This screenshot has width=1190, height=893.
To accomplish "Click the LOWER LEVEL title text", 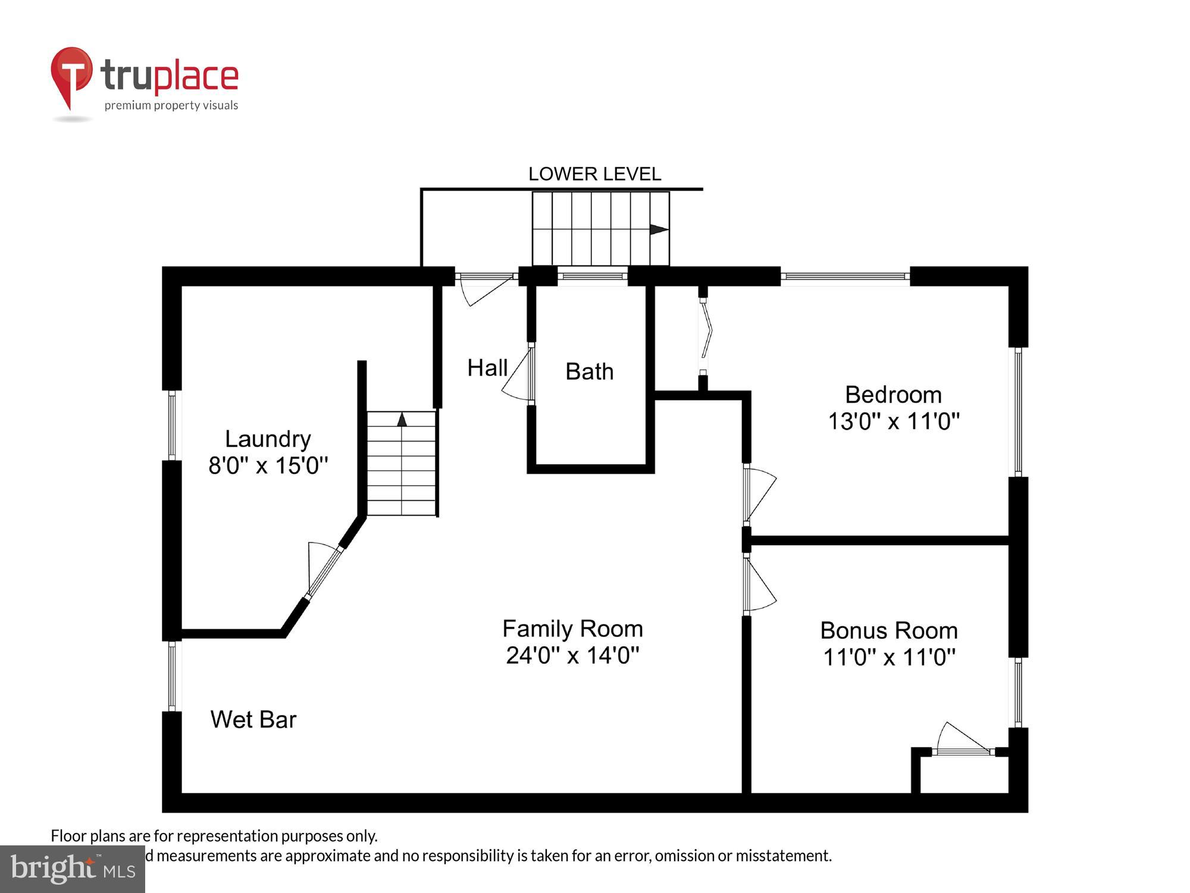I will pyautogui.click(x=594, y=174).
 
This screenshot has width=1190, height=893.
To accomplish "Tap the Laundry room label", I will pyautogui.click(x=268, y=439).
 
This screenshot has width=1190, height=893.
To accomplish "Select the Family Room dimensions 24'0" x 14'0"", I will pyautogui.click(x=572, y=655).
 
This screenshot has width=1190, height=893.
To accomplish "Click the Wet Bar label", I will pyautogui.click(x=253, y=720).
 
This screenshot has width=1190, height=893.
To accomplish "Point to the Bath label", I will pyautogui.click(x=589, y=371).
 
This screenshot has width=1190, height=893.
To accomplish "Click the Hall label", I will pyautogui.click(x=487, y=368).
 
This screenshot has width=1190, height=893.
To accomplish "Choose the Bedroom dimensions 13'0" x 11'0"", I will pyautogui.click(x=894, y=421).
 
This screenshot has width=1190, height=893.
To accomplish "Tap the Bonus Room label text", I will pyautogui.click(x=889, y=630).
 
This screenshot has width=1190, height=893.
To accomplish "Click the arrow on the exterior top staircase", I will pyautogui.click(x=658, y=229).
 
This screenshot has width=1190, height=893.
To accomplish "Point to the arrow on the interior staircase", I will pyautogui.click(x=402, y=419).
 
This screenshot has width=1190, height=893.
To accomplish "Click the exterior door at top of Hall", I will pyautogui.click(x=485, y=289).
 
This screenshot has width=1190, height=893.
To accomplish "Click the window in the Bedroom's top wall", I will pyautogui.click(x=845, y=276).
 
